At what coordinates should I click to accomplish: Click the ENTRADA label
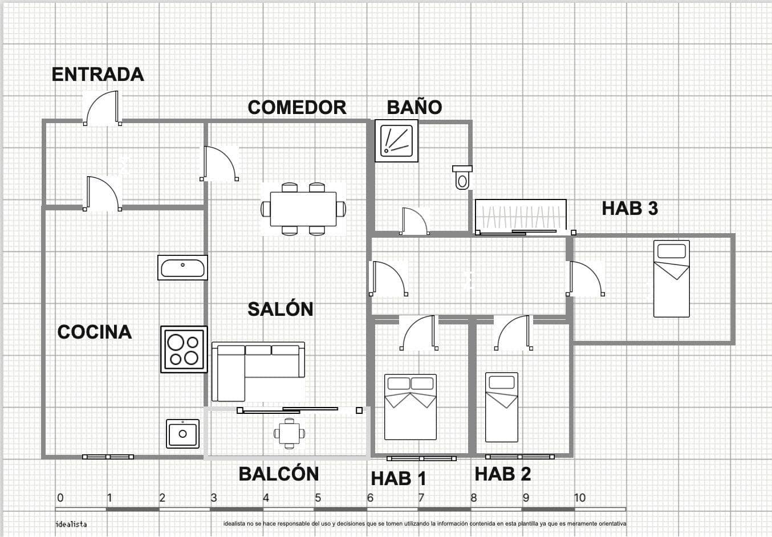97,74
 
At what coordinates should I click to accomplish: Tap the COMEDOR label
296,107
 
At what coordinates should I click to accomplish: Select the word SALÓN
280,309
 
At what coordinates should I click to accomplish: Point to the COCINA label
94,332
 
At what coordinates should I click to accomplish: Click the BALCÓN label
278,474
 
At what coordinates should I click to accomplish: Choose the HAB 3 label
629,208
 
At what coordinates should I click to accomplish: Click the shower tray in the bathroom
396,141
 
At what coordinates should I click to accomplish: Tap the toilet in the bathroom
462,177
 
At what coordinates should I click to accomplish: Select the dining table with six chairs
303,209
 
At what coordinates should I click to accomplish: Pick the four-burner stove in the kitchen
184,349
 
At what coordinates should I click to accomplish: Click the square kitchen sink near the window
182,434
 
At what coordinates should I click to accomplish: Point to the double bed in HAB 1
410,406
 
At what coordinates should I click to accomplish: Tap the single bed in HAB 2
501,407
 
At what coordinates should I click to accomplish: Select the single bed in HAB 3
671,278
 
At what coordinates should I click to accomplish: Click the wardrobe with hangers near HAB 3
521,216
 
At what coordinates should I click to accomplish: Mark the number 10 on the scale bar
579,497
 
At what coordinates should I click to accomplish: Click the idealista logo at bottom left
71,524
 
